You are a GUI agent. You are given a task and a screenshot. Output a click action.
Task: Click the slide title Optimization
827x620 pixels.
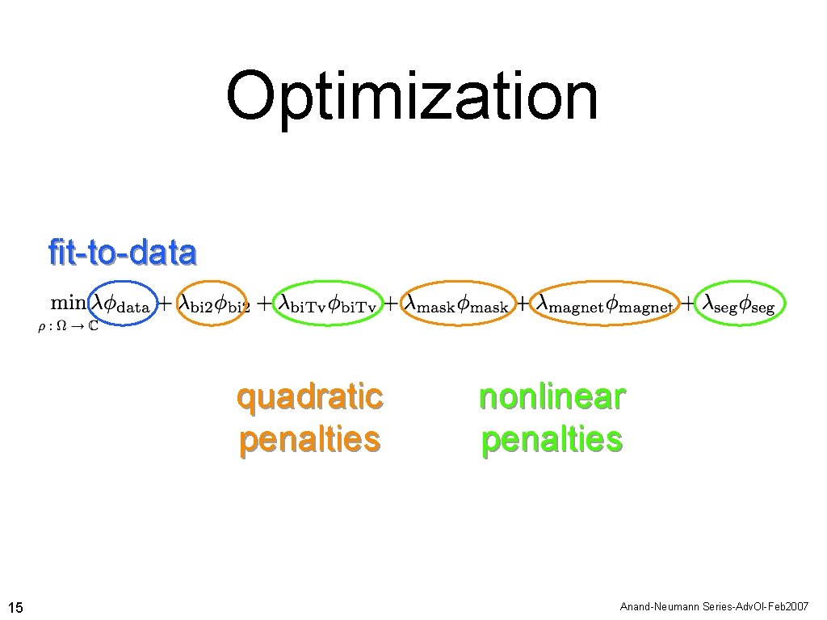tap(412, 97)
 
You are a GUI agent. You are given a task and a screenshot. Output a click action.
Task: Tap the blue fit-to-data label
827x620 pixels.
tap(122, 253)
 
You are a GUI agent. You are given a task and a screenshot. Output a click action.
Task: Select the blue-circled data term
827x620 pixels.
tap(122, 304)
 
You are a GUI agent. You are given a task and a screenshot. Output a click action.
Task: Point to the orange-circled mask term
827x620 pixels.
tap(457, 304)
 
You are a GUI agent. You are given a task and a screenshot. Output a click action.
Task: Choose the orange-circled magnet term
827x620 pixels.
tap(606, 304)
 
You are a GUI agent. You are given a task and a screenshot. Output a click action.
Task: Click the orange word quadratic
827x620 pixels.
tap(309, 397)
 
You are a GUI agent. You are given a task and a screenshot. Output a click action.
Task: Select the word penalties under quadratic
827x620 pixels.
tap(309, 440)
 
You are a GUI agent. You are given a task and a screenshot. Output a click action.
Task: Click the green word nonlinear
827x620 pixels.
tap(552, 397)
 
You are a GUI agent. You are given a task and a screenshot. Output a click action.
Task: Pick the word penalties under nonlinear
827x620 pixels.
tap(552, 440)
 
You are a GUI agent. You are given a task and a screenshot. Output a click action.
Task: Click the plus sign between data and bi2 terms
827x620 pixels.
tap(164, 304)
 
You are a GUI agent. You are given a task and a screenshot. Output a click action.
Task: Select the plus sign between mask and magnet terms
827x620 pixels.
tap(523, 304)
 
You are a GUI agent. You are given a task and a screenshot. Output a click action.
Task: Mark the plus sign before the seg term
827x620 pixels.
tap(688, 304)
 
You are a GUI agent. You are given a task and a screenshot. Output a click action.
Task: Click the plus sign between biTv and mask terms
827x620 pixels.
tap(390, 304)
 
